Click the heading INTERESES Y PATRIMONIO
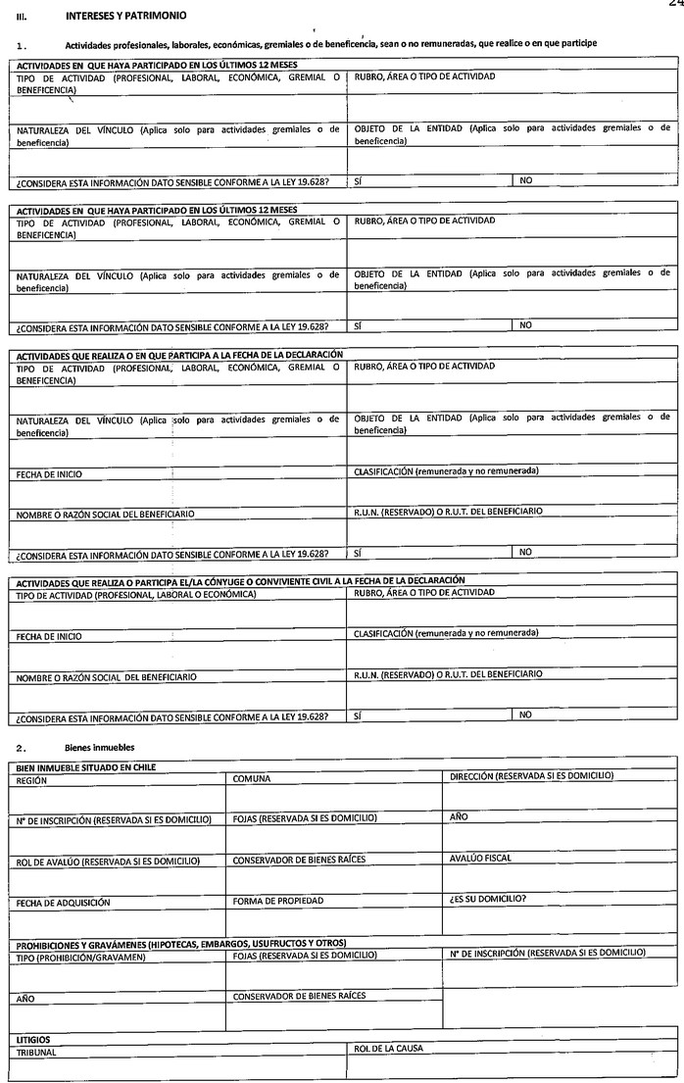pos(123,17)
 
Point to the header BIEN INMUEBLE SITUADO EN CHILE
pos(86,766)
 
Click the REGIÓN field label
pos(32,778)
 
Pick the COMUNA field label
pos(252,778)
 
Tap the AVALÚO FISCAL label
pos(480,859)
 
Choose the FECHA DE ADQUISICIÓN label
pos(63,902)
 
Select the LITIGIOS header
pos(34,1039)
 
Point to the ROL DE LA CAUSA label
pos(388,1049)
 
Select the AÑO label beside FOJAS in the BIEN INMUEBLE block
pos(459,816)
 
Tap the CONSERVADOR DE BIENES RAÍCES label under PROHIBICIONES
pos(298,996)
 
